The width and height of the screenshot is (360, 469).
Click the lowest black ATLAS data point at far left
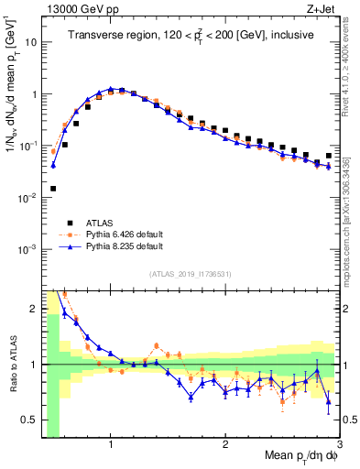[x=53, y=189]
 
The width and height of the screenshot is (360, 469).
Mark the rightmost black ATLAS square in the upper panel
[x=329, y=156]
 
